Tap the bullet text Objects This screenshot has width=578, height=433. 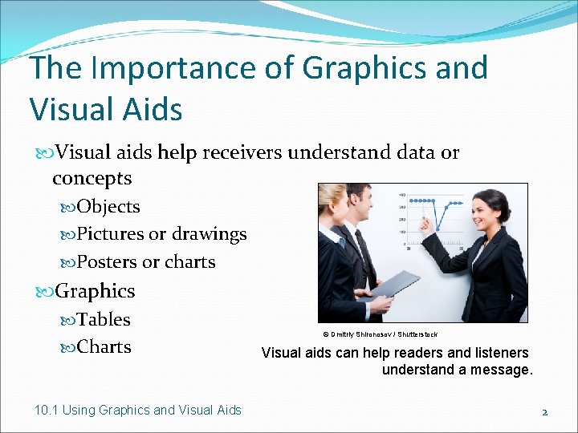[108, 207]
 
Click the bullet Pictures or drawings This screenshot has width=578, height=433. [161, 234]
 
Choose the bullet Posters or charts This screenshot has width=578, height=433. [145, 262]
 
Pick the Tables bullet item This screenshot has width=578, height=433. [103, 319]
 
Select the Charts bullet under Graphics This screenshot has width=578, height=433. [104, 347]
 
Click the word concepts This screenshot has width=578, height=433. [92, 178]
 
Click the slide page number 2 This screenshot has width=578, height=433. [544, 412]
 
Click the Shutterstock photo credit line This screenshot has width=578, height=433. [380, 334]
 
